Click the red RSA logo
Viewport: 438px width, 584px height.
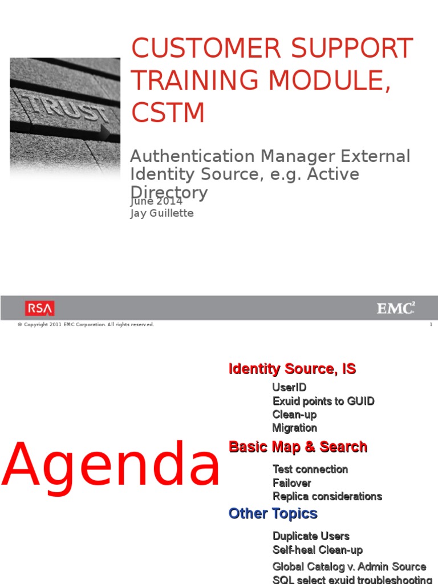40,309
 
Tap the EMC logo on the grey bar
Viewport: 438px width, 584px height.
395,309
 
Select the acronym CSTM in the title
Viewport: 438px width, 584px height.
168,112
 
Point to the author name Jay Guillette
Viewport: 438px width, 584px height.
162,213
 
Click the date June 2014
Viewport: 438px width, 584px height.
156,201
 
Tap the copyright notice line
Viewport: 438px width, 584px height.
86,325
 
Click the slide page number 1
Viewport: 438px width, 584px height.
431,325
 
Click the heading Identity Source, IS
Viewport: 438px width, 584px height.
292,369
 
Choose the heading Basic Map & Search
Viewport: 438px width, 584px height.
298,447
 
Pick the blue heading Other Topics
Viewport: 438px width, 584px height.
273,513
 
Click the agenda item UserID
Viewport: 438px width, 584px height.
289,388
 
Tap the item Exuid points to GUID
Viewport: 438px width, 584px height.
323,401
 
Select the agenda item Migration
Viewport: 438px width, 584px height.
294,428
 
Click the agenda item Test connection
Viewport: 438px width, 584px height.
310,469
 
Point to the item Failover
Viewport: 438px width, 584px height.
291,483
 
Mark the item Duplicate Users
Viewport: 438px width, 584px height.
311,536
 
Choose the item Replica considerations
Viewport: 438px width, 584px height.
327,496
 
